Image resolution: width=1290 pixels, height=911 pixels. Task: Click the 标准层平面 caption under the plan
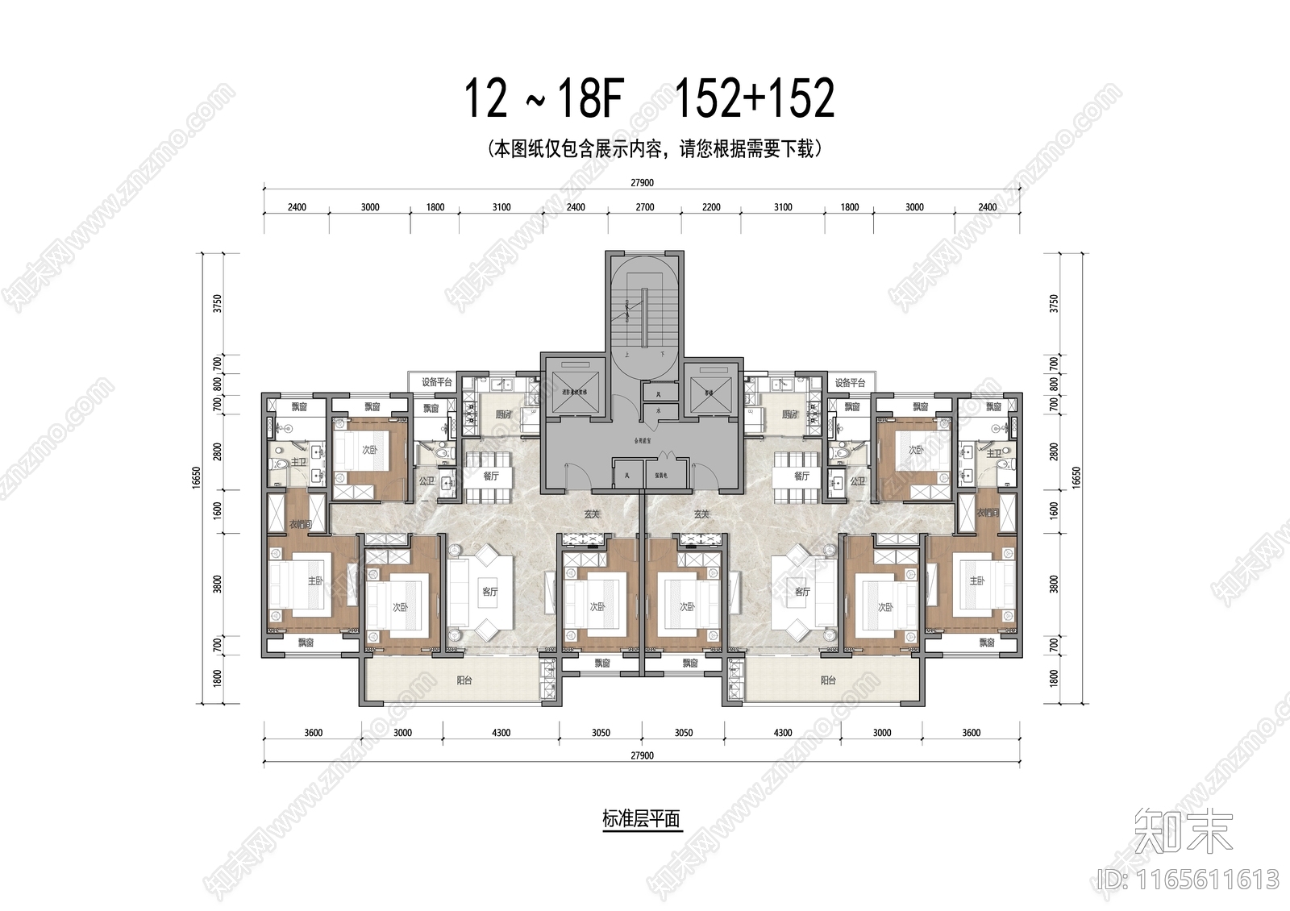click(642, 819)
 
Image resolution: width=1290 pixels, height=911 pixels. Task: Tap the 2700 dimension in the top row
click(644, 207)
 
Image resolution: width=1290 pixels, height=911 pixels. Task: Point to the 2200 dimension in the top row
click(711, 207)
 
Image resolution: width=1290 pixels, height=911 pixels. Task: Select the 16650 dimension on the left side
click(196, 477)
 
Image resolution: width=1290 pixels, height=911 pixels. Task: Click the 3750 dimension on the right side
click(1054, 303)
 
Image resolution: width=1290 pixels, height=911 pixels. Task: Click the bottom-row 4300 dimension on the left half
click(501, 733)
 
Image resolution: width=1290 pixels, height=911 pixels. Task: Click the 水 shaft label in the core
click(659, 410)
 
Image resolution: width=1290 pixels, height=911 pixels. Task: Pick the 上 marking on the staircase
click(627, 354)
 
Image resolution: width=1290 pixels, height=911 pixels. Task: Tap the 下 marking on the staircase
click(660, 354)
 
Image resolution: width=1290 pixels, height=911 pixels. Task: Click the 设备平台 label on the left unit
click(436, 382)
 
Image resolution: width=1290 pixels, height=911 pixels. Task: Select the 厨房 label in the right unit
click(789, 414)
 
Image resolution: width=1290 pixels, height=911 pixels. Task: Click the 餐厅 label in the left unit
click(491, 476)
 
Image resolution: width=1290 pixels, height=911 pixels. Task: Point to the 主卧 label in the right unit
click(977, 580)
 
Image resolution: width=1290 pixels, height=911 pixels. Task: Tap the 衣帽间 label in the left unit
click(300, 524)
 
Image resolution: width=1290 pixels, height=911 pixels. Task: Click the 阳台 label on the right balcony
click(828, 680)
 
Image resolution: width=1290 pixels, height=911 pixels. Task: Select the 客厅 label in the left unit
click(489, 591)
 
